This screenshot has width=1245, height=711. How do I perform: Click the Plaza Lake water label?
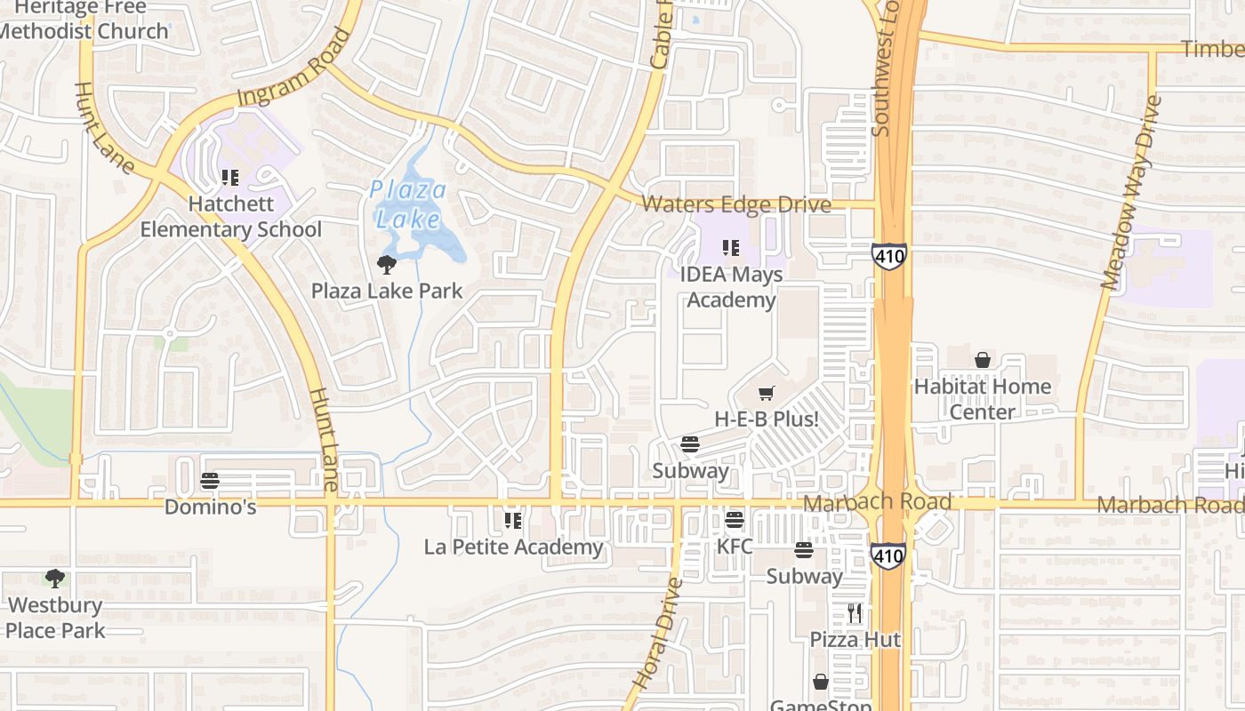pyautogui.click(x=409, y=204)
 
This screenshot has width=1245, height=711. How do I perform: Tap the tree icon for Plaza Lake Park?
pyautogui.click(x=387, y=264)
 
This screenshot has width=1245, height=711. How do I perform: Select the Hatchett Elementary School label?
pyautogui.click(x=230, y=217)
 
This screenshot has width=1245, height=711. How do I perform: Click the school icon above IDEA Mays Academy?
pyautogui.click(x=731, y=248)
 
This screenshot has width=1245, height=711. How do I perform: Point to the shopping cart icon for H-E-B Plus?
pyautogui.click(x=767, y=393)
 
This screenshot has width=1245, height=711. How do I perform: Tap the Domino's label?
pyautogui.click(x=211, y=507)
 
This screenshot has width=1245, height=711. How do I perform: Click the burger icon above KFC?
pyautogui.click(x=735, y=520)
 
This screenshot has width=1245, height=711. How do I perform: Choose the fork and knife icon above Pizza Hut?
pyautogui.click(x=855, y=613)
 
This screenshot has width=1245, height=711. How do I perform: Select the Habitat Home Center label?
pyautogui.click(x=983, y=399)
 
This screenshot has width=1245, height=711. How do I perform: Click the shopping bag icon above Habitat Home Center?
pyautogui.click(x=983, y=360)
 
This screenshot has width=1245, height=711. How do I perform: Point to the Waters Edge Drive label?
pyautogui.click(x=736, y=205)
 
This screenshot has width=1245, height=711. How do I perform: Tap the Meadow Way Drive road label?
pyautogui.click(x=1131, y=192)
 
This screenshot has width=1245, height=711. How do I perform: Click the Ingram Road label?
pyautogui.click(x=293, y=77)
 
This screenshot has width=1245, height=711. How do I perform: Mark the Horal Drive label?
pyautogui.click(x=658, y=633)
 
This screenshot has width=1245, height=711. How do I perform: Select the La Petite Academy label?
pyautogui.click(x=513, y=547)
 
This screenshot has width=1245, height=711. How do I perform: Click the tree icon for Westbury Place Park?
pyautogui.click(x=55, y=579)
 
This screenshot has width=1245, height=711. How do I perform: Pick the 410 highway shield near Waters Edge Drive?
pyautogui.click(x=888, y=256)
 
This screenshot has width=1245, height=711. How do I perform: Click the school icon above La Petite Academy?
pyautogui.click(x=512, y=520)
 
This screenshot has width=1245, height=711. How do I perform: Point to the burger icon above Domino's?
pyautogui.click(x=210, y=481)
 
